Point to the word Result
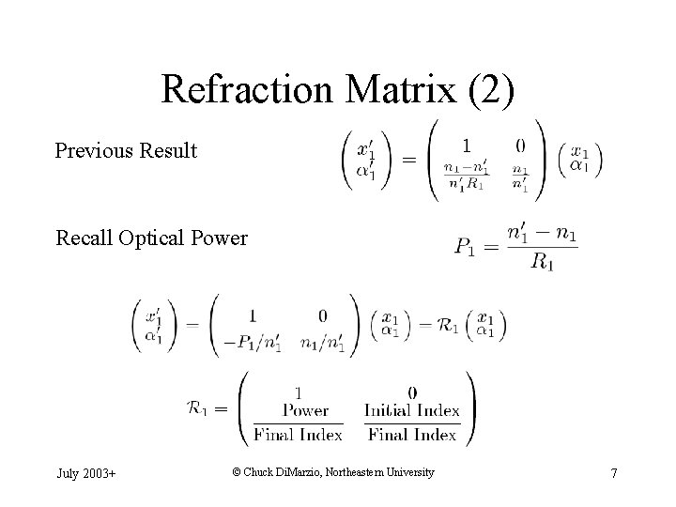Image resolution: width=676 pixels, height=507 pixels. click(168, 150)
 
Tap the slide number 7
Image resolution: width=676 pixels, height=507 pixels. click(613, 473)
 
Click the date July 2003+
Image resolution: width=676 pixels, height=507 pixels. click(85, 473)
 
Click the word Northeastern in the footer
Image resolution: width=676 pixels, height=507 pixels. click(366, 472)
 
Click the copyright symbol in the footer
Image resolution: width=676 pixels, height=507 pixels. click(236, 472)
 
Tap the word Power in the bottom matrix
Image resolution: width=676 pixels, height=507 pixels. click(305, 410)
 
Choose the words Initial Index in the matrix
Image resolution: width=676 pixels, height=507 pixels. click(412, 410)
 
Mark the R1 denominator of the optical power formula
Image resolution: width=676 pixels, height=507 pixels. click(541, 264)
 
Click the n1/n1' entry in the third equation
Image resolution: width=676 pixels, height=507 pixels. click(323, 345)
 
